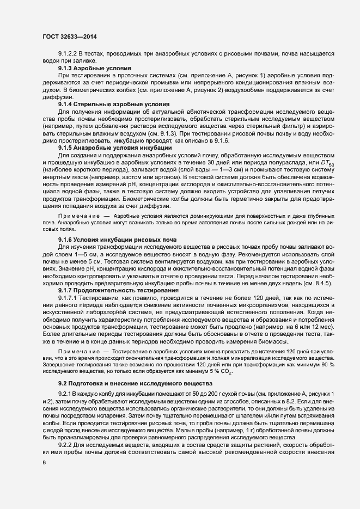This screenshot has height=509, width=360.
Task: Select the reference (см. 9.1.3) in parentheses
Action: pos(154,133)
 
